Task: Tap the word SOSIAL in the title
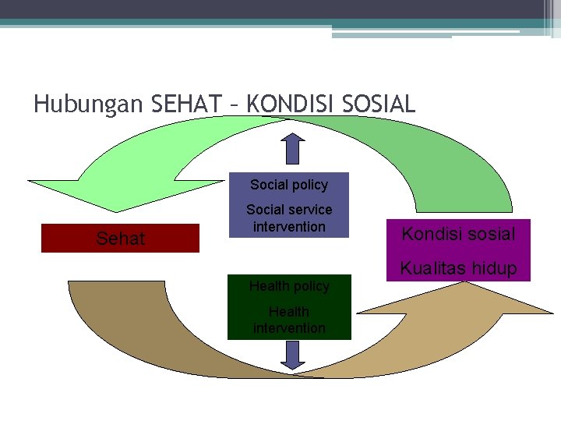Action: (x=380, y=104)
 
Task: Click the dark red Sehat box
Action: (x=121, y=239)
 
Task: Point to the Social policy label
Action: (x=289, y=185)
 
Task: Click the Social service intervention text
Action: (x=289, y=218)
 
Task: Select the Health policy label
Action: (x=289, y=286)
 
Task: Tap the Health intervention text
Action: (x=289, y=320)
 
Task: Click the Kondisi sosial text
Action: (x=458, y=234)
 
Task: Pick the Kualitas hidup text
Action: (x=458, y=269)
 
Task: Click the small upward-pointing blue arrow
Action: (x=293, y=147)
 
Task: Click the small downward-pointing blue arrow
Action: (x=293, y=354)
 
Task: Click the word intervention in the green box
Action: (x=289, y=328)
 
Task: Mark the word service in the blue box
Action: (x=310, y=210)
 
